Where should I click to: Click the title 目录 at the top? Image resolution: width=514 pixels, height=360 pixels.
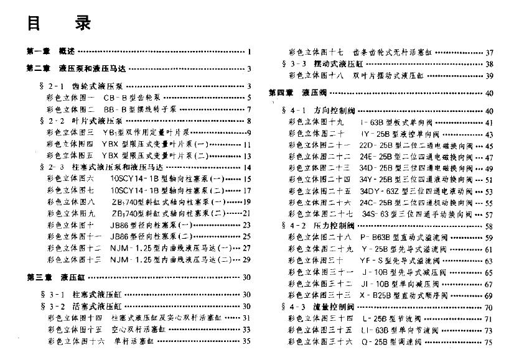[x=59, y=24]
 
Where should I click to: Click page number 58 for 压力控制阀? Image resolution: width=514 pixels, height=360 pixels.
[x=488, y=226]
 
